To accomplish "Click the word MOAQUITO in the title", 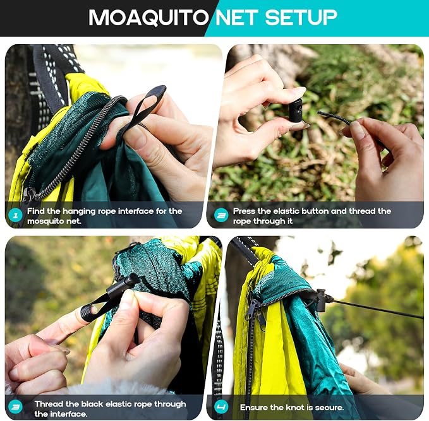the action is tap(148, 18).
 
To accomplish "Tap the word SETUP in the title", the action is tap(301, 18).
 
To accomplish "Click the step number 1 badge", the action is tap(16, 215).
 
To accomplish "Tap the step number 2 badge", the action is tap(221, 215).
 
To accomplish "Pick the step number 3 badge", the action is tap(16, 407).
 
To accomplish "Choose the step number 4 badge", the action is tap(221, 407).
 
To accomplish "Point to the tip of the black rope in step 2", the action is tap(318, 112).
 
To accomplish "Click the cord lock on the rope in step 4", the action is tap(321, 300).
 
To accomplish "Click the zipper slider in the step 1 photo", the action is tap(29, 194).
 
